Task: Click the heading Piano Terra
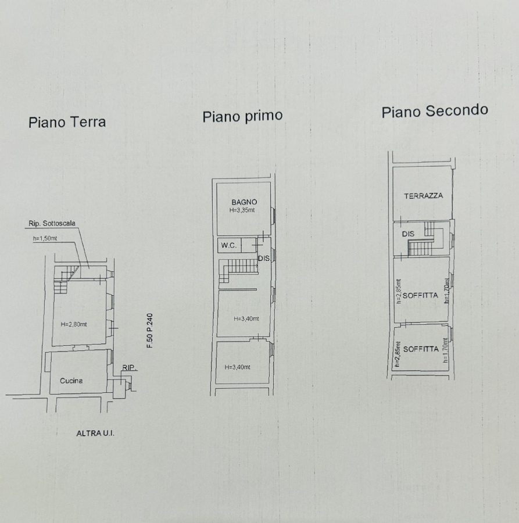click(67, 122)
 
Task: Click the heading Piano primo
click(242, 116)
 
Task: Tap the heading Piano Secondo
click(435, 111)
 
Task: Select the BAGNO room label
click(244, 202)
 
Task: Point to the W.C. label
click(229, 245)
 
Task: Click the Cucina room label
click(71, 381)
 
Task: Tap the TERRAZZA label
click(424, 196)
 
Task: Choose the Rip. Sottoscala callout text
click(52, 224)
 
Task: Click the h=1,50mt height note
click(45, 238)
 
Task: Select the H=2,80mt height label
click(74, 324)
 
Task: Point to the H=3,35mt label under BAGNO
click(242, 210)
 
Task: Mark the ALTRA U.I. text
click(95, 434)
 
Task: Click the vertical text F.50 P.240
click(150, 331)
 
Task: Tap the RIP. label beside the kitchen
click(129, 368)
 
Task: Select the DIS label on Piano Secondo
click(408, 234)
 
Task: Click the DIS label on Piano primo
click(264, 258)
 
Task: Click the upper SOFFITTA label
click(420, 296)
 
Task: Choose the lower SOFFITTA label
click(421, 349)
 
